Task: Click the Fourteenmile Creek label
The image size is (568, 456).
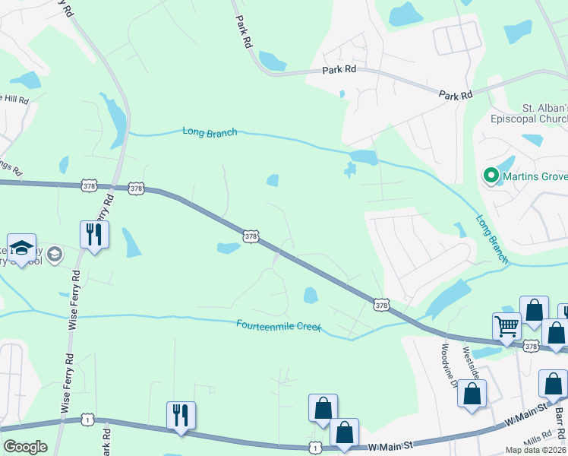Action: click(279, 325)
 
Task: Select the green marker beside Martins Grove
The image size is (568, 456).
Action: click(491, 176)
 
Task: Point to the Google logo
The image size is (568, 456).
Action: click(24, 447)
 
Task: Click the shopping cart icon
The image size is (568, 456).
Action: click(506, 326)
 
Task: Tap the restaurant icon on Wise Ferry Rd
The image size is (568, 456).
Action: click(94, 233)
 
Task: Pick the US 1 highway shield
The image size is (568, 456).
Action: click(89, 420)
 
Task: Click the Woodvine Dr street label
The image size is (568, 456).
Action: click(446, 364)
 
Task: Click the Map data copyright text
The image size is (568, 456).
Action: click(536, 449)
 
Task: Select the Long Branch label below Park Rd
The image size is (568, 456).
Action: click(210, 131)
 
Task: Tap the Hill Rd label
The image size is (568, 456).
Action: click(14, 100)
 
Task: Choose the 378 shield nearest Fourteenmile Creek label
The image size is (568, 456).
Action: click(381, 304)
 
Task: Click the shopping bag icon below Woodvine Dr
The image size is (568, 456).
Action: click(472, 394)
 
